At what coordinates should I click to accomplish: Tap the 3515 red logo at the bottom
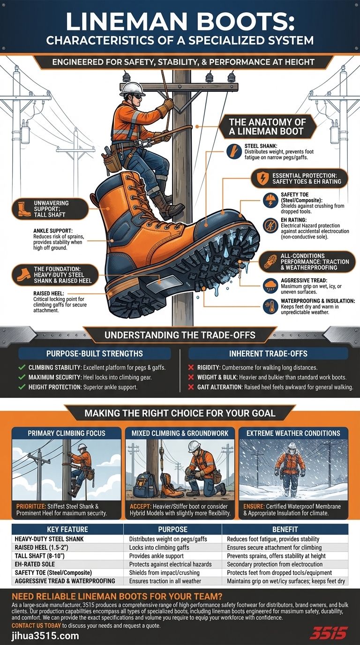pyautogui.click(x=328, y=633)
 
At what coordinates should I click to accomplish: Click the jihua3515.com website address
pyautogui.click(x=45, y=636)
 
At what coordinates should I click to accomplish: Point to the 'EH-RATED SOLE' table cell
pyautogui.click(x=35, y=564)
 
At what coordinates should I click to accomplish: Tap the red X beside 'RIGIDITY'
pyautogui.click(x=191, y=367)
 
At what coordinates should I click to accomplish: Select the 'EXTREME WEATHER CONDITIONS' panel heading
pyautogui.click(x=293, y=434)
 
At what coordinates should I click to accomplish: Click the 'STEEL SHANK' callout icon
pyautogui.click(x=232, y=151)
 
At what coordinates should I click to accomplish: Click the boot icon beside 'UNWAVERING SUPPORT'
pyautogui.click(x=23, y=209)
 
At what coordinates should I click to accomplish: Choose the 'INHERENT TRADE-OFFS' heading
pyautogui.click(x=268, y=353)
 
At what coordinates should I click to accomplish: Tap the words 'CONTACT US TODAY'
pyautogui.click(x=36, y=625)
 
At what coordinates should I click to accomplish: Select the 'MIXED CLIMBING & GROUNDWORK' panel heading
pyautogui.click(x=180, y=434)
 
